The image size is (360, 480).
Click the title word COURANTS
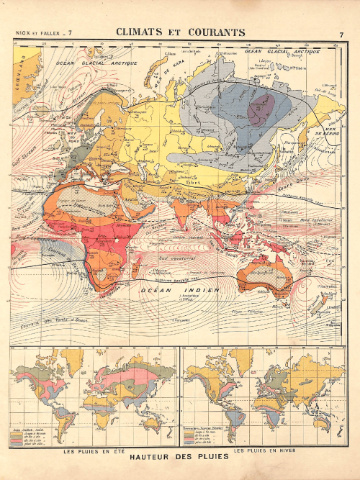coord(213,32)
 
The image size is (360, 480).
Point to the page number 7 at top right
coord(341,34)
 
